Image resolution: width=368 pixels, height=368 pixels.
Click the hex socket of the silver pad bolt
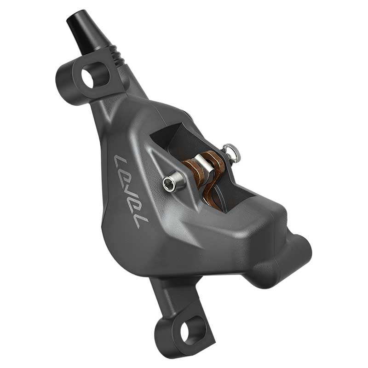169,184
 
